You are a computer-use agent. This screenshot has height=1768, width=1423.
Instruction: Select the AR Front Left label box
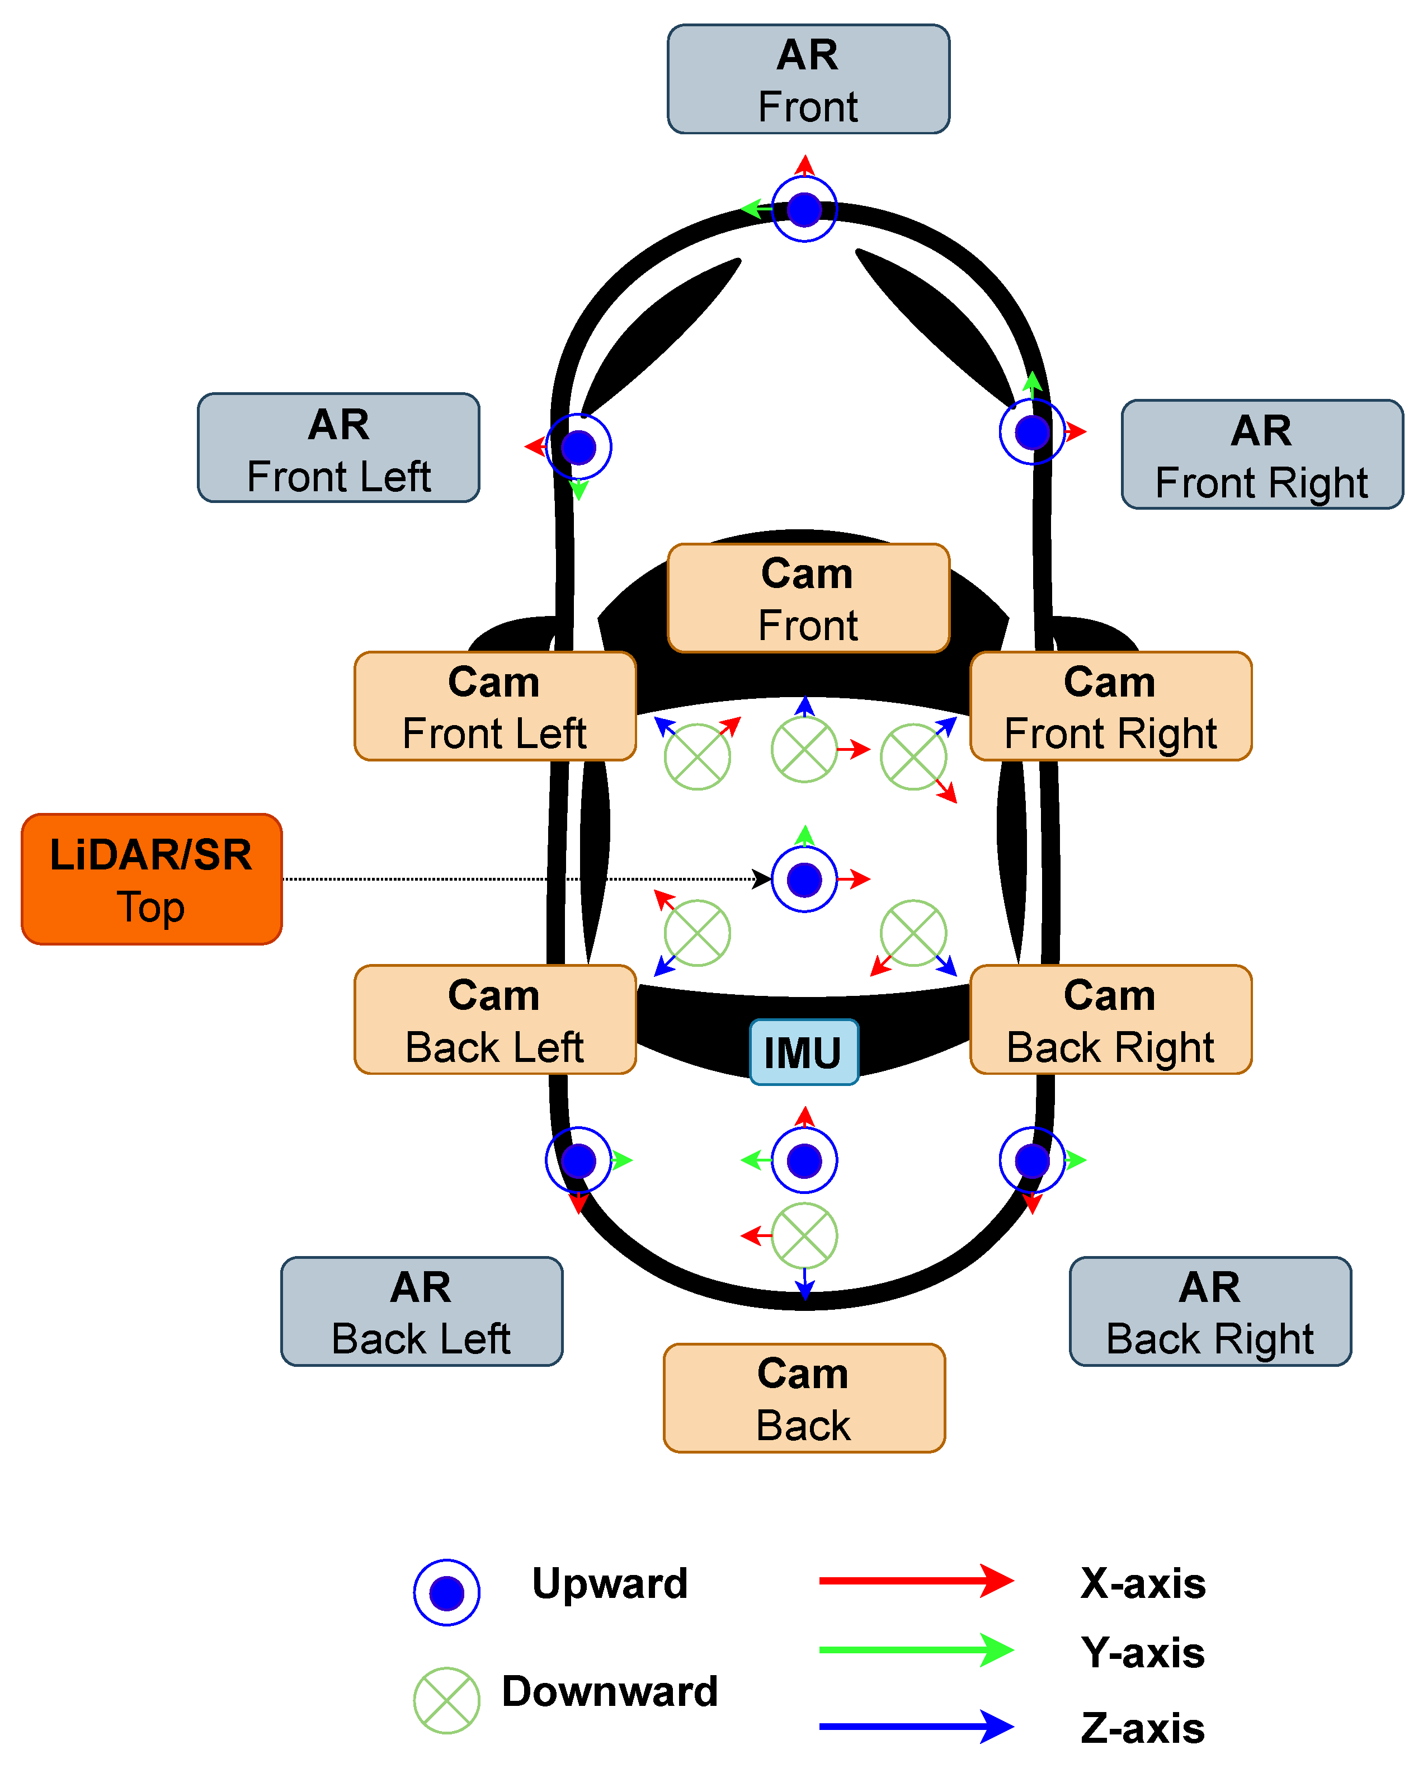[x=338, y=448]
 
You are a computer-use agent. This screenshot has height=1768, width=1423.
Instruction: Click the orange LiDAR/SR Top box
[x=152, y=879]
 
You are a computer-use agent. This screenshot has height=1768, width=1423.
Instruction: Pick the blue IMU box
[x=804, y=1052]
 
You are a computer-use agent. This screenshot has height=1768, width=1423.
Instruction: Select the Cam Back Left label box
[x=494, y=1019]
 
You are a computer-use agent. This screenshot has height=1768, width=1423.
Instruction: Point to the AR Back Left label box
[x=421, y=1311]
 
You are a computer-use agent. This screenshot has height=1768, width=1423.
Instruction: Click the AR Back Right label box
[x=1210, y=1311]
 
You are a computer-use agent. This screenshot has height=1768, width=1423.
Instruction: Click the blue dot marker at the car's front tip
[x=804, y=209]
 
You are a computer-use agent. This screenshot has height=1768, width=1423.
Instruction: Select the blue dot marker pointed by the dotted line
[x=804, y=879]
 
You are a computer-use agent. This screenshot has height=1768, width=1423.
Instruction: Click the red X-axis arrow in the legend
[x=916, y=1580]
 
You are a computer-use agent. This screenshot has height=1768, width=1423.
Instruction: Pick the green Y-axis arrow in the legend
[x=916, y=1650]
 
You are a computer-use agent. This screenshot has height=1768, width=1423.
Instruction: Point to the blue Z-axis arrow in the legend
[x=916, y=1726]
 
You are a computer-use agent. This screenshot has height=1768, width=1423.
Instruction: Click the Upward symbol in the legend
[x=447, y=1592]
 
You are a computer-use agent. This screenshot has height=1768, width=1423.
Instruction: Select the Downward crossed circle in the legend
[x=447, y=1700]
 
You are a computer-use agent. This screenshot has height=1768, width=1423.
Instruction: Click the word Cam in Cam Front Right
[x=1109, y=682]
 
